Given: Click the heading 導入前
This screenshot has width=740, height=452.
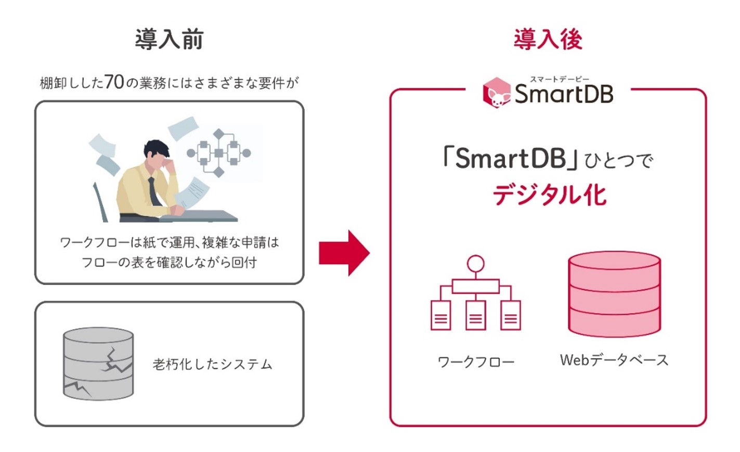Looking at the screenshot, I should point(169,40).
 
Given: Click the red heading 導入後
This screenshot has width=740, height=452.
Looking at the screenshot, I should point(548,40).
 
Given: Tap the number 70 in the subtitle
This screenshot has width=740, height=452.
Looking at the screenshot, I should point(114,82).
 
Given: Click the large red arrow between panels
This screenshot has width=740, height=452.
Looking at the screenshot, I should point(344,253).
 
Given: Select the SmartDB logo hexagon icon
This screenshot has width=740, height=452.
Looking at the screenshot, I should point(497,93).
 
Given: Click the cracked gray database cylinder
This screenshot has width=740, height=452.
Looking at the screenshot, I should point(98,364).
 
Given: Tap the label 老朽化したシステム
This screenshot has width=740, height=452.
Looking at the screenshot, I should point(212,364).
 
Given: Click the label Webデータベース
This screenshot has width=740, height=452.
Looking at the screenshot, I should point(614,360).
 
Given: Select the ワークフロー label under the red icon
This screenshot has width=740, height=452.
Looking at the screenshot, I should point(476,361).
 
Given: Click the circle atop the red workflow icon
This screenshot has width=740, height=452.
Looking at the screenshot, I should point(475,264).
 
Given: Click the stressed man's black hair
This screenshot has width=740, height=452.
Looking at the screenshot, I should point(156,149).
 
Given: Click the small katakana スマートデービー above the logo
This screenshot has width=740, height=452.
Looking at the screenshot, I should point(560,79).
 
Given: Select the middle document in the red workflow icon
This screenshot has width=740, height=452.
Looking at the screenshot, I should point(475,315).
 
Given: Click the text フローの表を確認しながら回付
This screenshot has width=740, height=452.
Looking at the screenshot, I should point(169,262).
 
